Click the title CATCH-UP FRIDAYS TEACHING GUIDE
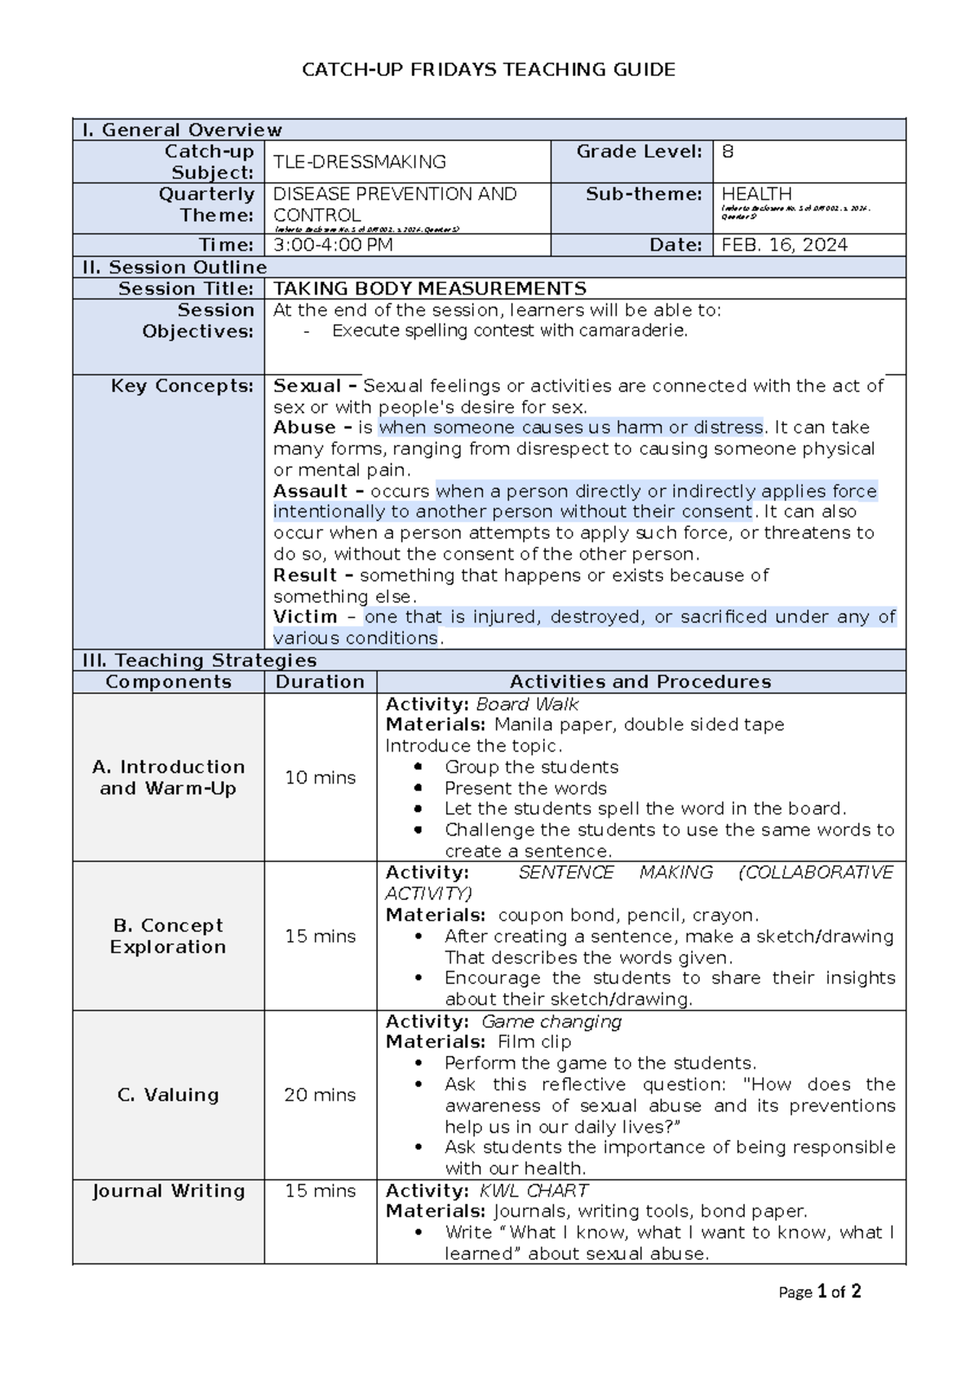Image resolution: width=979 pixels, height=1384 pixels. click(489, 70)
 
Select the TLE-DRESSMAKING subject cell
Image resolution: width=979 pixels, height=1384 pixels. click(359, 162)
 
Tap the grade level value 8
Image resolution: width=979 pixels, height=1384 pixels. click(728, 152)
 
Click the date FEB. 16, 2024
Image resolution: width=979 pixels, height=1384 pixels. click(784, 246)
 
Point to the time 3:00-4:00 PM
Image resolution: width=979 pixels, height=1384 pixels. click(333, 246)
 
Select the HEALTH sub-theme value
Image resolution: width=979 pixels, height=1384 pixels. click(756, 194)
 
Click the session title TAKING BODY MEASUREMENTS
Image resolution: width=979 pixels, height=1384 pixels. click(429, 289)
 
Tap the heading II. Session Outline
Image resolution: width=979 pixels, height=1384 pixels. click(175, 268)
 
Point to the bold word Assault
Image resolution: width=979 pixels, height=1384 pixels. click(310, 491)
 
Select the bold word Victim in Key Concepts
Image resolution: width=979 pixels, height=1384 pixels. click(305, 617)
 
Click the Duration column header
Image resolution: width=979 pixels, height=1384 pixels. click(320, 682)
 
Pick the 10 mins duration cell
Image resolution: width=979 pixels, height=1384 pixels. click(320, 778)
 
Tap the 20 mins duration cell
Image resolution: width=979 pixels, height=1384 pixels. click(320, 1095)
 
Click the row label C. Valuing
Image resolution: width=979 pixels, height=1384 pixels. click(168, 1095)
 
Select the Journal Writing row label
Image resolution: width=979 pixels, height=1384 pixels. click(168, 1191)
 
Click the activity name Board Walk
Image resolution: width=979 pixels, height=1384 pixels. click(527, 704)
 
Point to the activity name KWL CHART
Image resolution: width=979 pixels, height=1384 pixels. click(534, 1191)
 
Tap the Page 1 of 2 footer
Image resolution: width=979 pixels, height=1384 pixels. click(819, 1292)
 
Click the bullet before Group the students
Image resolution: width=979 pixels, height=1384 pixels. click(419, 767)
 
